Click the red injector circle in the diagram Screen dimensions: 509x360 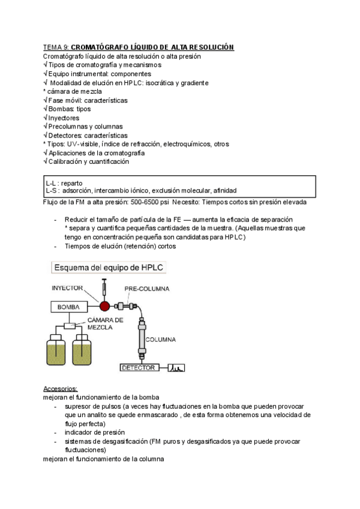tap(105, 306)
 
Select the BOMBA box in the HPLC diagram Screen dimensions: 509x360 tap(68, 307)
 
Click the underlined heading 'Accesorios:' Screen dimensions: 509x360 tap(61, 389)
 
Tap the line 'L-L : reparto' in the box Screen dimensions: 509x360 tap(64, 182)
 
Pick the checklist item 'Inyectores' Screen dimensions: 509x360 tap(64, 118)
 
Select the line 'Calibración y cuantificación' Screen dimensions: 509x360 tap(88, 161)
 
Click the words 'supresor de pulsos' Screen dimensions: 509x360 tap(92, 406)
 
